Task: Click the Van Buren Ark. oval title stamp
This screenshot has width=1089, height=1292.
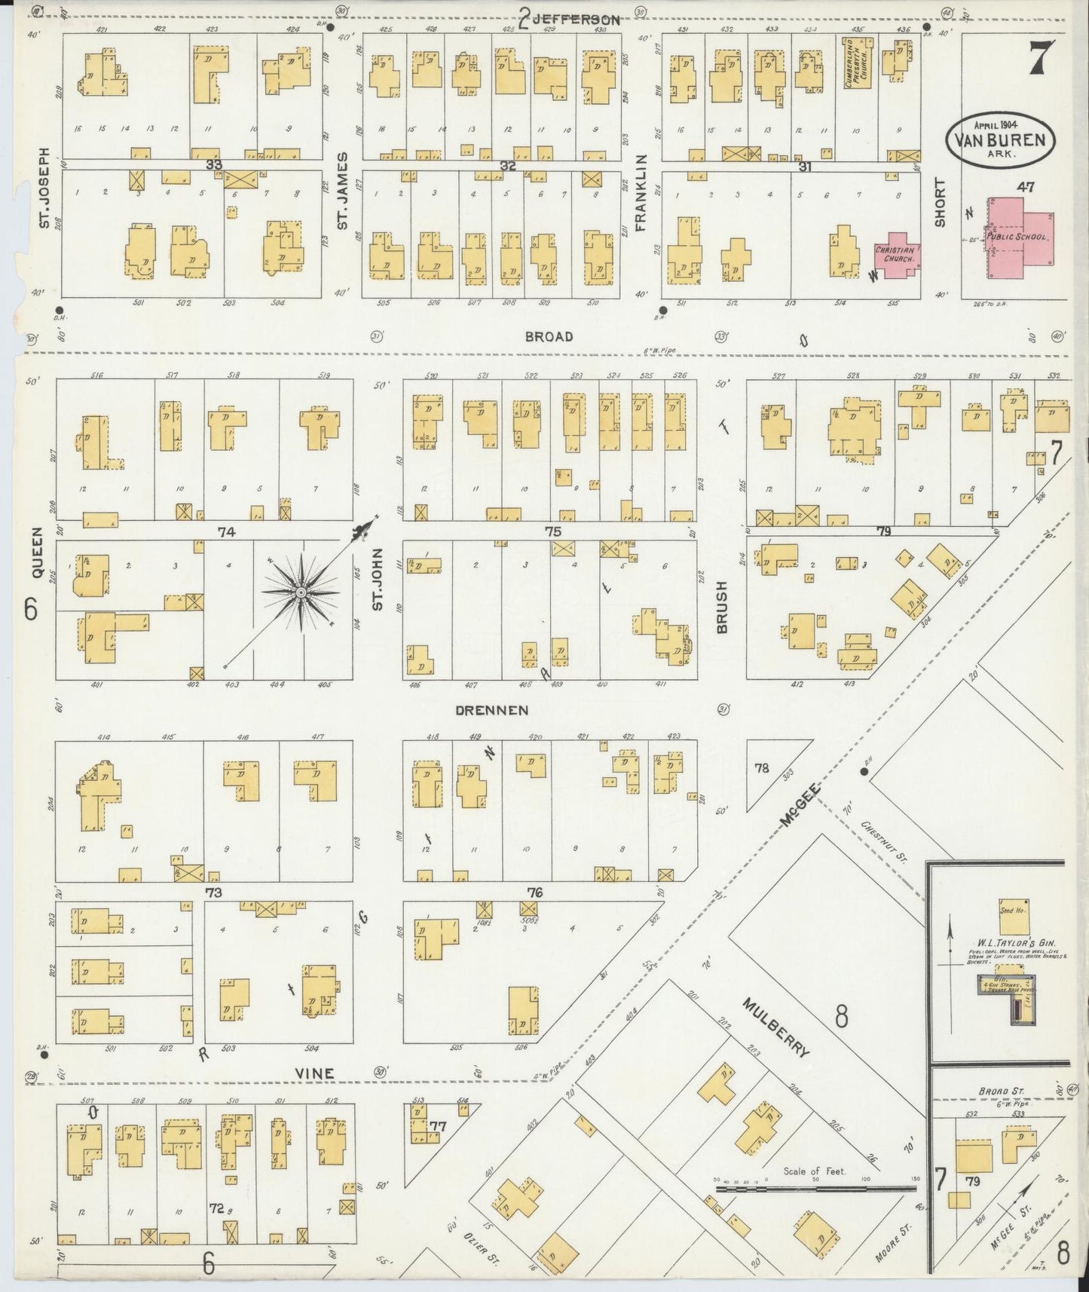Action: click(x=1000, y=139)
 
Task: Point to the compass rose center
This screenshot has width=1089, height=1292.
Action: click(x=301, y=593)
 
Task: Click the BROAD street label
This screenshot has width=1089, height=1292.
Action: click(x=549, y=336)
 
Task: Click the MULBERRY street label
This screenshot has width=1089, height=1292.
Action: click(x=776, y=1027)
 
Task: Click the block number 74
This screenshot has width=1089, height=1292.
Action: click(x=226, y=531)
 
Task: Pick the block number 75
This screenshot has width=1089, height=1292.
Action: click(x=553, y=531)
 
